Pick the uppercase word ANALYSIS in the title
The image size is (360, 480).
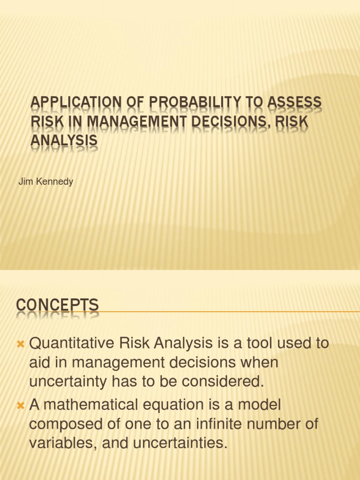click(x=64, y=140)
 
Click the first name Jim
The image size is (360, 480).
click(x=25, y=182)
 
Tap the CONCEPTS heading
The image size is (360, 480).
click(x=58, y=306)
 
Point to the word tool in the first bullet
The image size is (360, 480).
click(x=265, y=344)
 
